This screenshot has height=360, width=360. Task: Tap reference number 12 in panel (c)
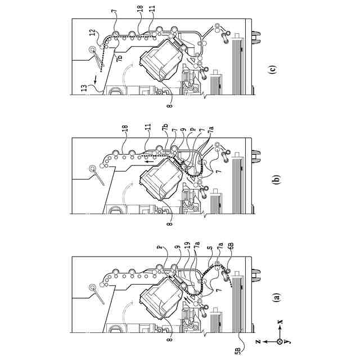click(92, 32)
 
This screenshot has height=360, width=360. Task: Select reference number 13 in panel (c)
click(82, 89)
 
